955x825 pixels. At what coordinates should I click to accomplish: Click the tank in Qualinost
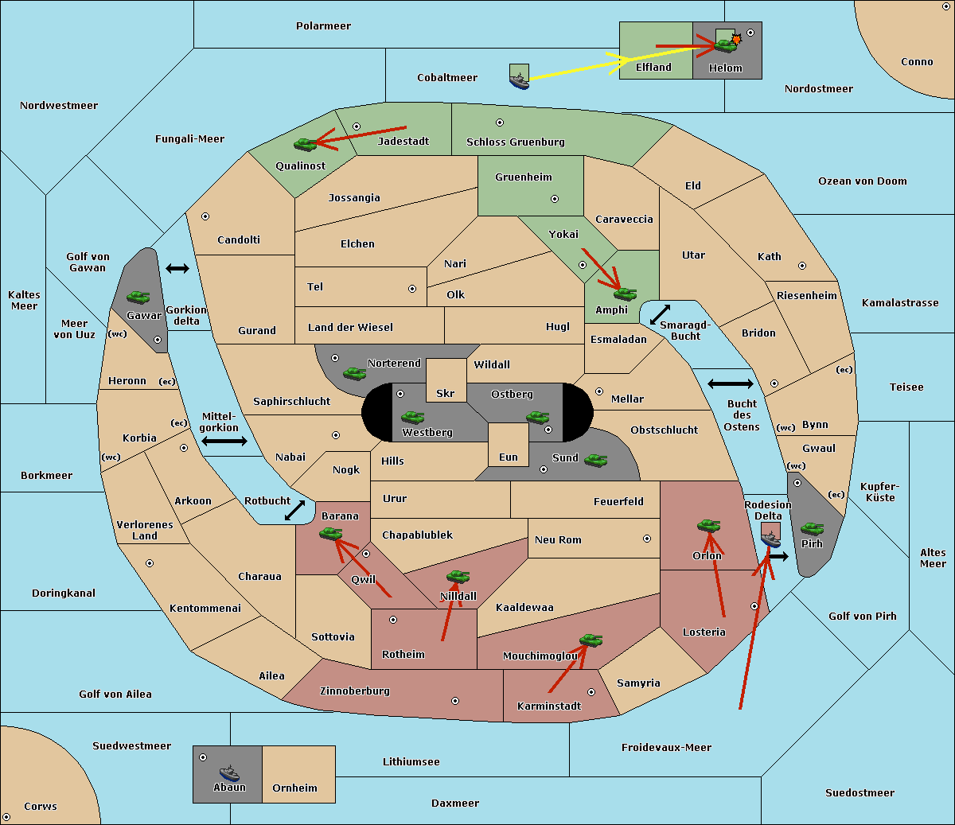click(x=306, y=144)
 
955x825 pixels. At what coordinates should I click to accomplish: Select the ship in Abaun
click(x=229, y=772)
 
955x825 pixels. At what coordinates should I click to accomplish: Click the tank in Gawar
click(x=138, y=297)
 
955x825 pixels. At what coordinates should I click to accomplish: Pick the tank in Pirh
click(x=812, y=528)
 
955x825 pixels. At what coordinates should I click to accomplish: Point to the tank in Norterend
click(x=354, y=373)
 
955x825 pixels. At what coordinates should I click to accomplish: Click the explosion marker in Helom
click(x=736, y=39)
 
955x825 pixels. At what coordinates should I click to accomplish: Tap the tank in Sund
click(x=595, y=460)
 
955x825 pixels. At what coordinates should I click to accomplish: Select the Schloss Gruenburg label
click(x=515, y=142)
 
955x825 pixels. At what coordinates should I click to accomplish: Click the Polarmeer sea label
click(x=323, y=26)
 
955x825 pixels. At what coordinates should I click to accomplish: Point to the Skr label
click(x=445, y=393)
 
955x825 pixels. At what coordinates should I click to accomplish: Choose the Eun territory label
click(x=509, y=457)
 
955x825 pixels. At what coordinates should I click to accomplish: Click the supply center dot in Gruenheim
click(x=555, y=199)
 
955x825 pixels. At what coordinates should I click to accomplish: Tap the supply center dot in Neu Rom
click(x=647, y=539)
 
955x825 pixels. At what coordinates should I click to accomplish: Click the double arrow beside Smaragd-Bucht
click(x=660, y=314)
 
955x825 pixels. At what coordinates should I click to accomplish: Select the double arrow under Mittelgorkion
click(x=224, y=441)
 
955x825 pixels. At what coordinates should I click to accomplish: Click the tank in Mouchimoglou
click(x=591, y=640)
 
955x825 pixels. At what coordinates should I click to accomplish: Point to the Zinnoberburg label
click(x=355, y=691)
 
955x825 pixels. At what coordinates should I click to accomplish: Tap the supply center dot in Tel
click(x=412, y=289)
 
